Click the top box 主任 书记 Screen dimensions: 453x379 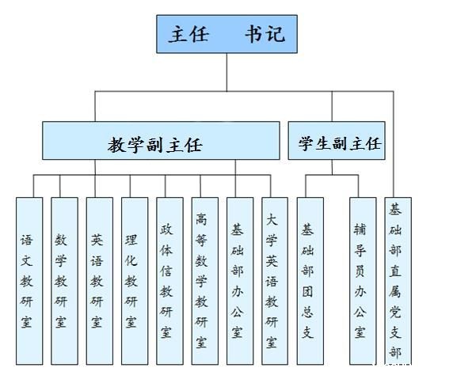coord(226,34)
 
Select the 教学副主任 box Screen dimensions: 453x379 coord(161,141)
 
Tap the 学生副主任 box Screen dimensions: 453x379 coord(337,141)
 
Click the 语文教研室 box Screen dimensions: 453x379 coord(29,281)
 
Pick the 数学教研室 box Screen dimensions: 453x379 coord(64,281)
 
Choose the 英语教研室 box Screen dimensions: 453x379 coord(100,281)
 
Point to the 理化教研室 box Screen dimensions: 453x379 coord(135,281)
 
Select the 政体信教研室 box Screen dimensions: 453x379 coord(169,281)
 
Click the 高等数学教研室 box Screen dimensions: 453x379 coord(205,281)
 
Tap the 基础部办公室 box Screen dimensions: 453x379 coord(240,281)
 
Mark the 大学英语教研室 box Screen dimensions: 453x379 coord(275,281)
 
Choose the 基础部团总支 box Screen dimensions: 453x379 coord(310,281)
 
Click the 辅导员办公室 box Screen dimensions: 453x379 coord(363,281)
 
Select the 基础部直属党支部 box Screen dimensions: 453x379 coord(398,281)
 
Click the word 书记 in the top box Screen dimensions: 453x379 coord(265,34)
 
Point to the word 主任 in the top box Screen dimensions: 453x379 coord(188,34)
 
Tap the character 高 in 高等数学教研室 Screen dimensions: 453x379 coord(201,219)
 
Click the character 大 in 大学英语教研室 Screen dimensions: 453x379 coord(272,220)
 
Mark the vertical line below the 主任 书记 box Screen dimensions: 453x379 coord(226,72)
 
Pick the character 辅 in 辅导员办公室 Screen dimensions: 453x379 coord(360,230)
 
